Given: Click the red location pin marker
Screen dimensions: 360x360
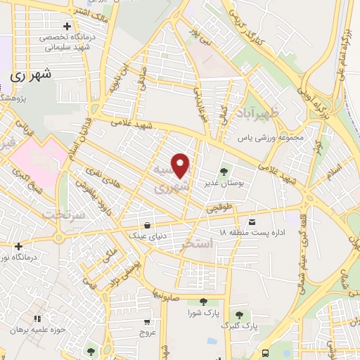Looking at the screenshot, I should click(181, 166).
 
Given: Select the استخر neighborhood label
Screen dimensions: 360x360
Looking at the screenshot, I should click(197, 245).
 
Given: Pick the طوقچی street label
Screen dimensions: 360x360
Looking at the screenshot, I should click(219, 208).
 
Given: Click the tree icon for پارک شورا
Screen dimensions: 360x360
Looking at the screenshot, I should click(203, 302).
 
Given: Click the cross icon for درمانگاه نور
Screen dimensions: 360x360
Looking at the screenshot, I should click(18, 246).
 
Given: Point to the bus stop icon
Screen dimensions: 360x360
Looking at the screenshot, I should click(264, 352).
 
